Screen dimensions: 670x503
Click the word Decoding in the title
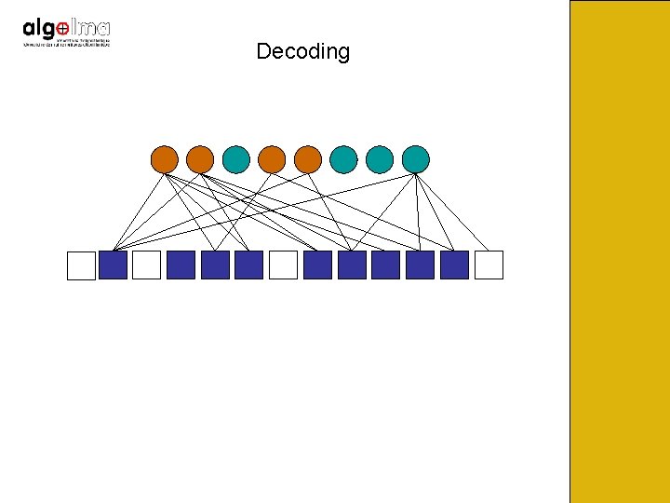tap(302, 51)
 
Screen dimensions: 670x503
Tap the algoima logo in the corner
tap(66, 34)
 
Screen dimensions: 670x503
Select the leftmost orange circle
tap(164, 159)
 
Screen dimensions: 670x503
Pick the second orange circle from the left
tap(200, 159)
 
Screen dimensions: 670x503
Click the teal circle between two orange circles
tap(236, 159)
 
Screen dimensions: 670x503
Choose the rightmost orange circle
tap(308, 159)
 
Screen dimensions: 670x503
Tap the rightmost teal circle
tap(415, 159)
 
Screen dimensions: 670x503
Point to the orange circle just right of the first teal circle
tap(272, 159)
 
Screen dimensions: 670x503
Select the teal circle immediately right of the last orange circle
tap(343, 159)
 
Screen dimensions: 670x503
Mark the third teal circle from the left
tap(380, 159)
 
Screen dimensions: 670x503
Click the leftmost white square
tap(81, 265)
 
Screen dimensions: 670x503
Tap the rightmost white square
tap(489, 265)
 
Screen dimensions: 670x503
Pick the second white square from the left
tap(146, 265)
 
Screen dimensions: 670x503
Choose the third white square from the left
tap(283, 265)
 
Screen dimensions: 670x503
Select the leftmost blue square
tap(113, 265)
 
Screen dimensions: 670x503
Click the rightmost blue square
tap(454, 265)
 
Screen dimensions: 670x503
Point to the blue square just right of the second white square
tap(181, 265)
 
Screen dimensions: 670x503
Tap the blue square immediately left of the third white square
tap(248, 265)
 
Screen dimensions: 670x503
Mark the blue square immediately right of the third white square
tap(317, 265)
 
